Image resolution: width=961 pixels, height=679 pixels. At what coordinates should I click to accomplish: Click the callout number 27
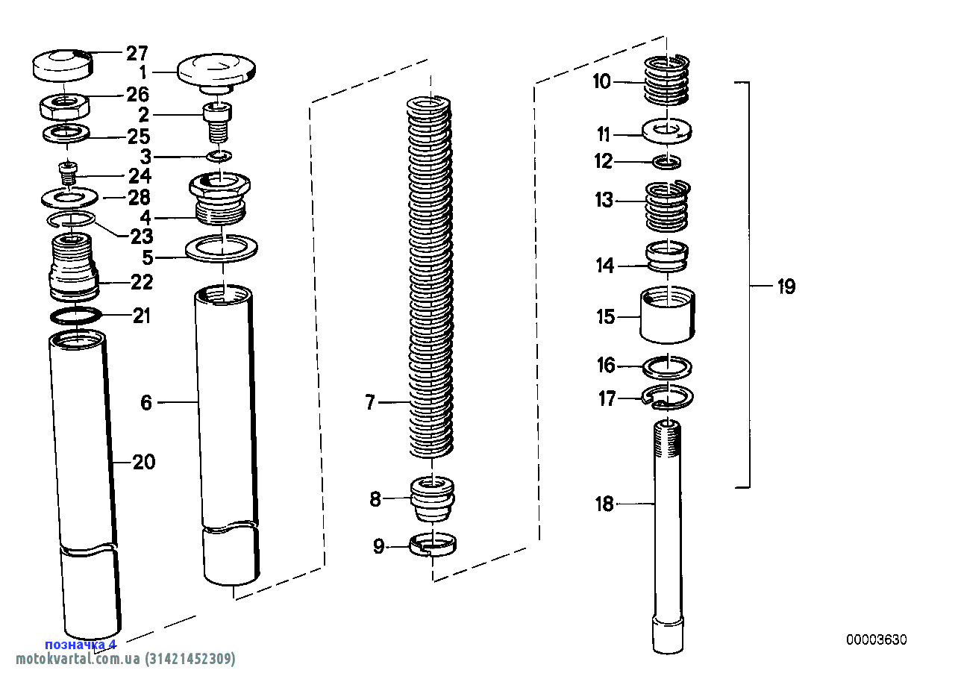[x=137, y=53]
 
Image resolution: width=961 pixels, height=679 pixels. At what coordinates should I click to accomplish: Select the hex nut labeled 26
[x=64, y=107]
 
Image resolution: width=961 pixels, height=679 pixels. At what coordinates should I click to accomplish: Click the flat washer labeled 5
[x=222, y=249]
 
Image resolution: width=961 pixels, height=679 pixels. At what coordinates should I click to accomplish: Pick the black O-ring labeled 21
[x=76, y=316]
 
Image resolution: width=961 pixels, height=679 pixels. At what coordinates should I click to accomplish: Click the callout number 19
[x=786, y=287]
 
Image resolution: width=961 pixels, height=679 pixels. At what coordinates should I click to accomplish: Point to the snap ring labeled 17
[x=668, y=398]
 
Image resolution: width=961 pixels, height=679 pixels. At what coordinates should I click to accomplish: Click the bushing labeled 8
[x=433, y=498]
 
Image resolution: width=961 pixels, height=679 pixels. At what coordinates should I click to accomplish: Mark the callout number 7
[x=370, y=404]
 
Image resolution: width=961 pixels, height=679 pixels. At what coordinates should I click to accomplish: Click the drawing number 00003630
[x=876, y=640]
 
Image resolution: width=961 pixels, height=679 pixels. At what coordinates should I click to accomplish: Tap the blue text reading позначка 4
[x=81, y=644]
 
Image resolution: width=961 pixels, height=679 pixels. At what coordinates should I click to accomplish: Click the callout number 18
[x=604, y=504]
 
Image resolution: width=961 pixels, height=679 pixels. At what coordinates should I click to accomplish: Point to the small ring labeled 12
[x=667, y=161]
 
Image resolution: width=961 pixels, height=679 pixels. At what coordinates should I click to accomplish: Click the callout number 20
[x=144, y=462]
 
